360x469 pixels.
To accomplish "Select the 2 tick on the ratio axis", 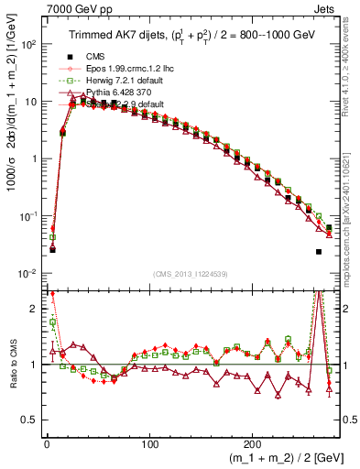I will click(36, 309).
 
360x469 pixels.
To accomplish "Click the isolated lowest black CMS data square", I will click(319, 252).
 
